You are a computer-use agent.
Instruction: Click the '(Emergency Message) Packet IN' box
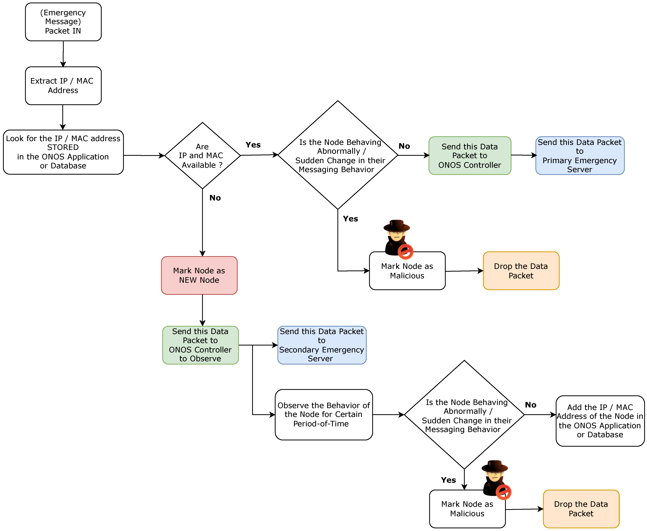(x=63, y=22)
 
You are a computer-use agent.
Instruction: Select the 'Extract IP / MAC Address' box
(x=63, y=86)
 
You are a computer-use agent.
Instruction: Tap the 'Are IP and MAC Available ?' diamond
(x=203, y=155)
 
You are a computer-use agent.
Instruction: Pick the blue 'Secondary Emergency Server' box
(x=322, y=345)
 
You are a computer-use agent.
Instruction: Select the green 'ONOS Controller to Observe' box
(x=200, y=345)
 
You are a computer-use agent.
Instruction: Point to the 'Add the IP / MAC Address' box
(x=600, y=421)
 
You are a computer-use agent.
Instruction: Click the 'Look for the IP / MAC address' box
(x=63, y=152)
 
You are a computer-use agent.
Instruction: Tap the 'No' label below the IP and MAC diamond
(x=215, y=198)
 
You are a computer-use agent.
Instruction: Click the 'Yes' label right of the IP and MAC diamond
(x=253, y=145)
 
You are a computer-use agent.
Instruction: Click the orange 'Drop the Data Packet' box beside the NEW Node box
(x=521, y=271)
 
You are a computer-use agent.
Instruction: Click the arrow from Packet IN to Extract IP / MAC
(x=63, y=54)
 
